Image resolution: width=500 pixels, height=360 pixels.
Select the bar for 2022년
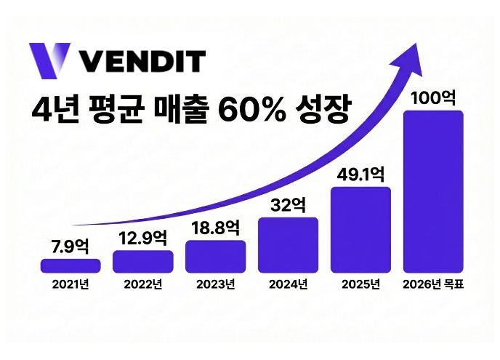click(143, 261)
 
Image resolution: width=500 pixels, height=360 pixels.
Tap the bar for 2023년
click(215, 256)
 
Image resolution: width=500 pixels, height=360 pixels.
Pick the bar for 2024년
click(288, 244)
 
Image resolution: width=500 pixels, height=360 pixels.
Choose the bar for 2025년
click(360, 230)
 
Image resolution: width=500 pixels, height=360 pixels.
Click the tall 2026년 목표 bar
click(433, 191)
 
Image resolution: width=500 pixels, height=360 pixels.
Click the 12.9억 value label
click(143, 238)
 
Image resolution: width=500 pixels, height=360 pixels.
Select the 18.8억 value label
click(215, 227)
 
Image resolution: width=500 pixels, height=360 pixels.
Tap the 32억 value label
click(288, 205)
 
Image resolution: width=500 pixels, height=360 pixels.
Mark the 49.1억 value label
click(360, 175)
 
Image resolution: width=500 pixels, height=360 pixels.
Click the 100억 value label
click(433, 97)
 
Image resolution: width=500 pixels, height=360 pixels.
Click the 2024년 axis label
click(288, 284)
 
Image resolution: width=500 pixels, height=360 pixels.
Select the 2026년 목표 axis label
click(433, 284)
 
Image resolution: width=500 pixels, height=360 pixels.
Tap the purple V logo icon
click(49, 60)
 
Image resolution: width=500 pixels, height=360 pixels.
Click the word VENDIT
click(142, 60)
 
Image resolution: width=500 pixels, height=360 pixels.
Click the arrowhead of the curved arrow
click(412, 55)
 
